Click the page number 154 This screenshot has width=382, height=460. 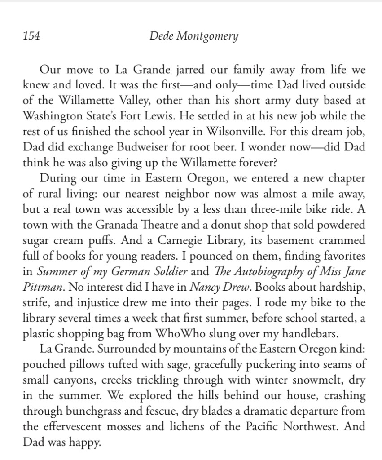(x=31, y=36)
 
